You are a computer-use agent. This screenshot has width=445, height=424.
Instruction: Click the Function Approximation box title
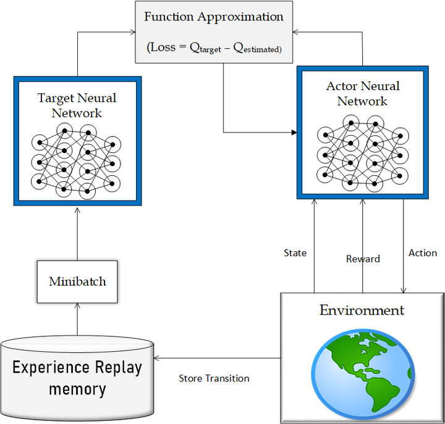(x=214, y=17)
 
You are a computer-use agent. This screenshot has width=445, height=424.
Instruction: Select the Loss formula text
(x=214, y=48)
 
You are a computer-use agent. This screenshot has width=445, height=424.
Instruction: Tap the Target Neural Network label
(x=77, y=106)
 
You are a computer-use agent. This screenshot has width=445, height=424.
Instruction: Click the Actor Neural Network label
(x=363, y=94)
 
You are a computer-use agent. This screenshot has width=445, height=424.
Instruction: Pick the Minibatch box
(x=77, y=281)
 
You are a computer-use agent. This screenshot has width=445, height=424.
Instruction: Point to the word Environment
(x=362, y=310)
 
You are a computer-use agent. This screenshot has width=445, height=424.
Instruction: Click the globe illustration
(x=363, y=374)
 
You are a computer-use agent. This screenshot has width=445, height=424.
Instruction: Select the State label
(x=295, y=253)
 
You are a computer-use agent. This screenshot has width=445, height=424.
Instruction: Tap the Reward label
(x=363, y=259)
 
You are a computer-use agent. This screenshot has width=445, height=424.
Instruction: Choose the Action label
(x=423, y=253)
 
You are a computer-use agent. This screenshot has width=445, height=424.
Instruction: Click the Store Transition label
(x=214, y=378)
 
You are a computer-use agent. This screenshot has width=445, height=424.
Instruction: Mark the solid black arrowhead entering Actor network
(x=294, y=132)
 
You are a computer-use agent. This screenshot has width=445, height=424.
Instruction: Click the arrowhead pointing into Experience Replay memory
(x=156, y=358)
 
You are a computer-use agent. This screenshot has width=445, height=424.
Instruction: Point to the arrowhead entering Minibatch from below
(x=77, y=306)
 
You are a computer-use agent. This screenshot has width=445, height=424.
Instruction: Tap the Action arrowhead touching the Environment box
(x=403, y=290)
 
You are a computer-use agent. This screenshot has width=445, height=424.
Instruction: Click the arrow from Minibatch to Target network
(x=77, y=234)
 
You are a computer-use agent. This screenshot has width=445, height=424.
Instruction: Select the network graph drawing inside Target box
(x=76, y=161)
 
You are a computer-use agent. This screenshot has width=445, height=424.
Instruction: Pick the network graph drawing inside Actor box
(x=363, y=153)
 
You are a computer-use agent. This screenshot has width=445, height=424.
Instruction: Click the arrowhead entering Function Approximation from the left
(x=132, y=32)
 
